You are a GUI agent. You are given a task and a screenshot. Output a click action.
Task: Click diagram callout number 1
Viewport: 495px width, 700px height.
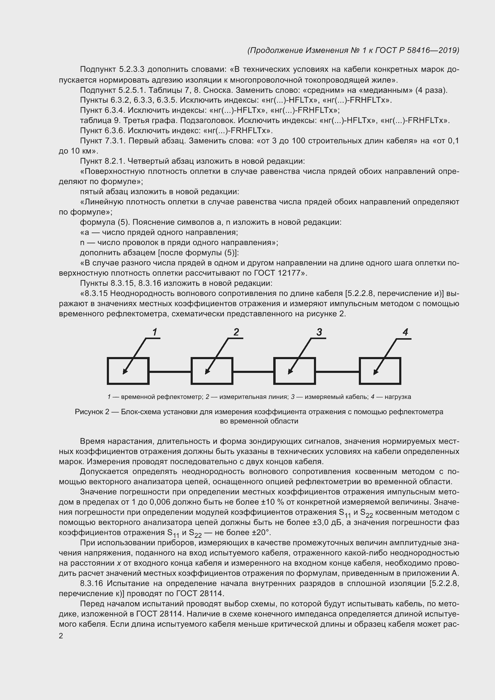point(155,332)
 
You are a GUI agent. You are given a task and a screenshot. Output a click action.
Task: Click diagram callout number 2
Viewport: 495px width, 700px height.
point(236,332)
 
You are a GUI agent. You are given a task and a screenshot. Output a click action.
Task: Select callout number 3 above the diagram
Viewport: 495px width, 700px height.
point(319,332)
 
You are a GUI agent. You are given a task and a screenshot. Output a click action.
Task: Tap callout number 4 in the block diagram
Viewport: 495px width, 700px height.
point(405,332)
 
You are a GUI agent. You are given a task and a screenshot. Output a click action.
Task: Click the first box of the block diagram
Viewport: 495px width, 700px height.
point(128,371)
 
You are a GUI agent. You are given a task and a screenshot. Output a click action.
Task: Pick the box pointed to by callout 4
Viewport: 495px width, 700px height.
point(380,371)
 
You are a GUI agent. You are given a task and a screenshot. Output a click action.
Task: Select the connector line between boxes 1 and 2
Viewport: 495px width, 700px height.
point(170,372)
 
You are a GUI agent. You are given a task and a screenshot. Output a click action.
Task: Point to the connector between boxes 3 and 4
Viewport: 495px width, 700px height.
point(337,372)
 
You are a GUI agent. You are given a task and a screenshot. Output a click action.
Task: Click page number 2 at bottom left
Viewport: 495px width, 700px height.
point(61,636)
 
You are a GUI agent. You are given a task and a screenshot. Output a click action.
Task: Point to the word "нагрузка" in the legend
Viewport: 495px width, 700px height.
point(398,397)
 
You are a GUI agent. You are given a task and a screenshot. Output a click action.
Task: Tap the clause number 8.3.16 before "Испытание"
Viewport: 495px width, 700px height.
point(91,584)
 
